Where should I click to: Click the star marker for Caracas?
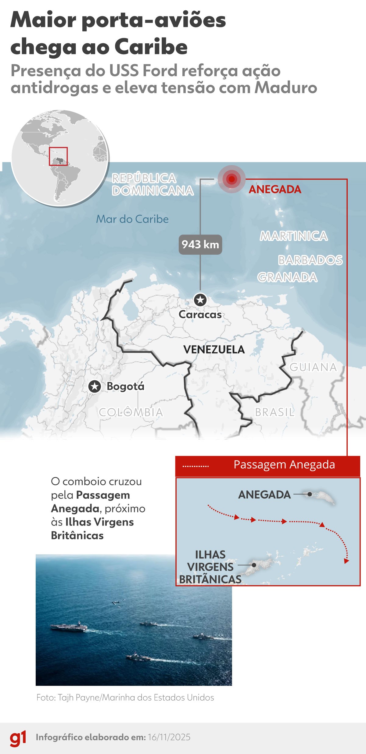click(x=200, y=300)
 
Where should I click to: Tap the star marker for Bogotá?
click(x=95, y=386)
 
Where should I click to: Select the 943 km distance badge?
click(x=200, y=244)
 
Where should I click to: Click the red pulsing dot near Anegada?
click(x=231, y=179)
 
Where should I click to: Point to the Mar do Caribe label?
click(x=132, y=219)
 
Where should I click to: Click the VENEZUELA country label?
click(x=214, y=350)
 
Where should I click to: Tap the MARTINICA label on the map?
click(x=294, y=236)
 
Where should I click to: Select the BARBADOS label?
click(x=310, y=260)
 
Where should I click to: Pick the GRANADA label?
click(x=287, y=278)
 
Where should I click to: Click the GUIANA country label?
click(x=313, y=367)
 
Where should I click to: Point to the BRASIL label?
click(x=274, y=412)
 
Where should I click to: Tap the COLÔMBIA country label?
click(x=131, y=412)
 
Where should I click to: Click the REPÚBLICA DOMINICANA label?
click(x=152, y=185)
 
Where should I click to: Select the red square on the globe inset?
click(x=58, y=156)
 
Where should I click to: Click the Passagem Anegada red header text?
click(x=284, y=465)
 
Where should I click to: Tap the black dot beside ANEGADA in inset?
click(x=310, y=494)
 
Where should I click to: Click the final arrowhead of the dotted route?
click(x=346, y=561)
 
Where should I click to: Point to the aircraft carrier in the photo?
click(x=69, y=627)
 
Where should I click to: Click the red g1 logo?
click(x=18, y=738)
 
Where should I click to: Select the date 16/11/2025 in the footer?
click(x=169, y=737)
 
